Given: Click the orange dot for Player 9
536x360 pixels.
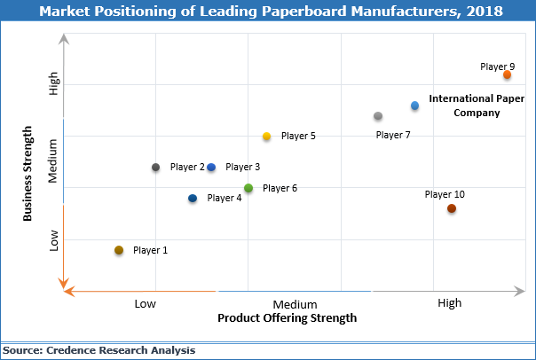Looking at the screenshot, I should tap(508, 75).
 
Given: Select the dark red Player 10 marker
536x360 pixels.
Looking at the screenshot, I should tap(452, 208).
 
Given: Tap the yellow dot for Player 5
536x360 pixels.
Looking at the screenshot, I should tap(266, 136).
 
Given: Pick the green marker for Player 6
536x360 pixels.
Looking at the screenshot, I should tap(248, 188).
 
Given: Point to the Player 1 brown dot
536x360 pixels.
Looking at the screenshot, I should tap(119, 250).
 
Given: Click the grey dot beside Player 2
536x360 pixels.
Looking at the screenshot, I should tap(156, 167).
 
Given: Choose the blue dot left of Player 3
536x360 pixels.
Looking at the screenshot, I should tap(211, 167).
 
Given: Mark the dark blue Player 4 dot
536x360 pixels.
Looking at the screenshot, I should tap(193, 198).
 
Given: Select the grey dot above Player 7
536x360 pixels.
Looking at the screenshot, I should tap(378, 116).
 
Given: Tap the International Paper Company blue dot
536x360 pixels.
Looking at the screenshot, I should tap(414, 106).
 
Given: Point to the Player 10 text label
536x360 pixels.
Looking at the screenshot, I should tap(445, 194).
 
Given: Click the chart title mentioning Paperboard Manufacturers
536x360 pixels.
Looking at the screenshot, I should tap(268, 12).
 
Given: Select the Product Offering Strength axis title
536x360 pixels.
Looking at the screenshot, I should tap(287, 317).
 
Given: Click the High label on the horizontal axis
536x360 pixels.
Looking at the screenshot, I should tap(450, 303).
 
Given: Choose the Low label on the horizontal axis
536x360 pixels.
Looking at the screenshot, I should tap(146, 303).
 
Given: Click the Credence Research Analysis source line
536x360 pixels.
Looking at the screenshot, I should tap(99, 350).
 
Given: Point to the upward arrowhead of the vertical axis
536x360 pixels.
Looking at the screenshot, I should tap(62, 39).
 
